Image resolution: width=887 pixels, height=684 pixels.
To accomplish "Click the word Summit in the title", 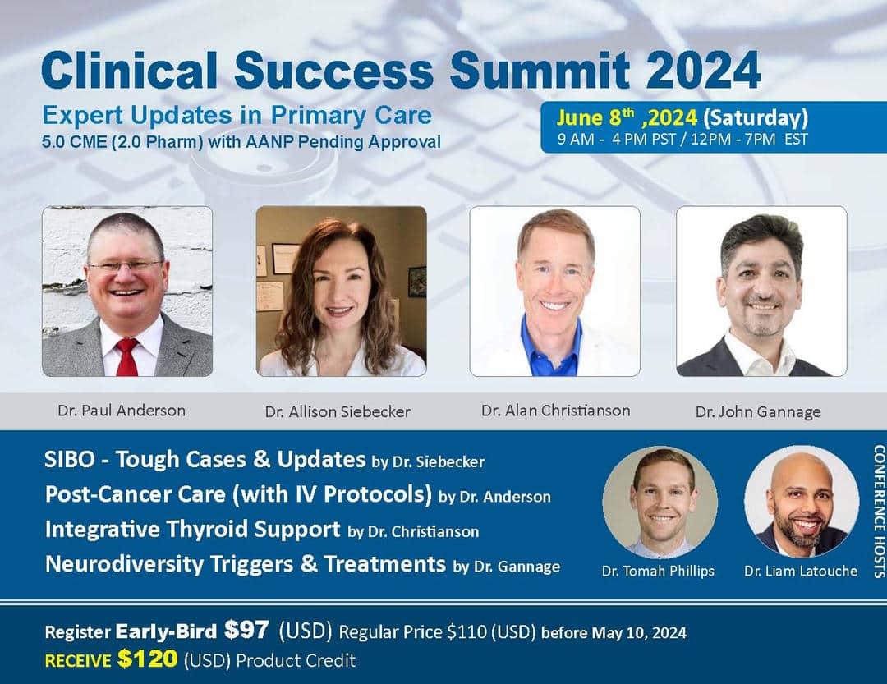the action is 540,70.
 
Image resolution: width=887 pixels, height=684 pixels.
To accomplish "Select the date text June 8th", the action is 595,117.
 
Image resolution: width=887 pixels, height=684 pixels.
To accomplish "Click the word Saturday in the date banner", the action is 756,117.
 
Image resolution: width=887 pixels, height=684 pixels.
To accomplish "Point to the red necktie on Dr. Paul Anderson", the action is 127,357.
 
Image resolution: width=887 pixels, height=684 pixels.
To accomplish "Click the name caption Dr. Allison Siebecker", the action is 338,411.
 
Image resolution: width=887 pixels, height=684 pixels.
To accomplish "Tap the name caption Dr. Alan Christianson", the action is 555,411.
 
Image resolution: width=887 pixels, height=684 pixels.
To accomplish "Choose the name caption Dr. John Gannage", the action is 758,411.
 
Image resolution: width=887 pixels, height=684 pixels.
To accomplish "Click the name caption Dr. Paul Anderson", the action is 122,411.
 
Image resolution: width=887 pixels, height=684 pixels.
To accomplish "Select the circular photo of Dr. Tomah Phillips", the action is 660,502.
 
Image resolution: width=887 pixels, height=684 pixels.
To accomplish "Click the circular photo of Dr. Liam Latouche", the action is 802,502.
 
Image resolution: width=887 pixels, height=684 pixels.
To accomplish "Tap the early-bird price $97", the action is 246,630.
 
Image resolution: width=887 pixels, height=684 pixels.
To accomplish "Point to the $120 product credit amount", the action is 148,659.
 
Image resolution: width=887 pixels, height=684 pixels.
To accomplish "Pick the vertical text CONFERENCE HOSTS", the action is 879,511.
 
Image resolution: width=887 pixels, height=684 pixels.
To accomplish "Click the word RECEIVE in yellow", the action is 78,661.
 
